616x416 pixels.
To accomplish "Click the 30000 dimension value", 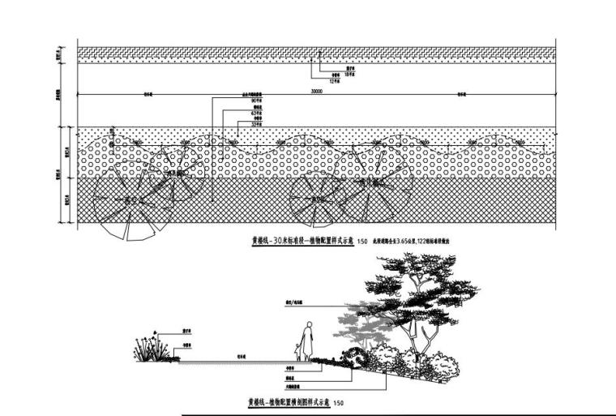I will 316,92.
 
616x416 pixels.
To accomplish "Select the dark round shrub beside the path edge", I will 354,354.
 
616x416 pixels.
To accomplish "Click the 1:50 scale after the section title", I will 339,403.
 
